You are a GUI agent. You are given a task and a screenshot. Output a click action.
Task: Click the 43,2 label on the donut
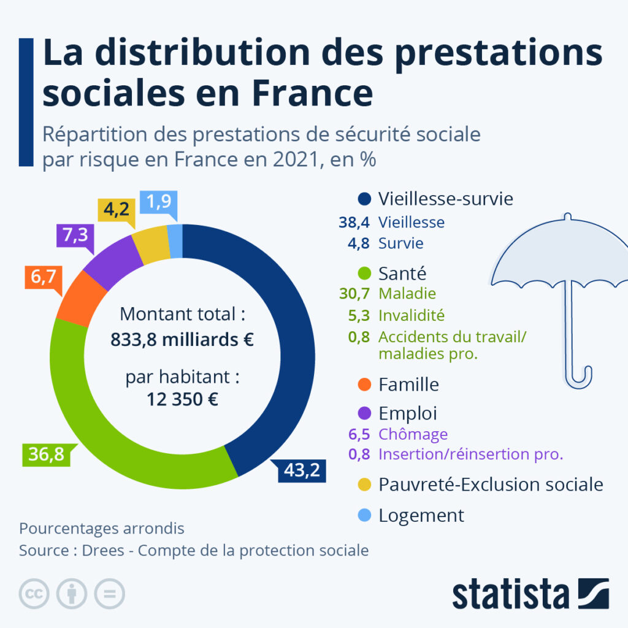coord(301,471)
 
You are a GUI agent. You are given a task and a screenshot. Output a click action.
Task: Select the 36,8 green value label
coord(47,456)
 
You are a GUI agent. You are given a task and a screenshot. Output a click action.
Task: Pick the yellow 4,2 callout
coord(115,210)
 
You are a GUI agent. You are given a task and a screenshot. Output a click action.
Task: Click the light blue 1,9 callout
coord(158,202)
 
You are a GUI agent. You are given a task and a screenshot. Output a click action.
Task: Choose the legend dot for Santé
coord(364,272)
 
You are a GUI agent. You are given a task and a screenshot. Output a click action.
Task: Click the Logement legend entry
coord(421,515)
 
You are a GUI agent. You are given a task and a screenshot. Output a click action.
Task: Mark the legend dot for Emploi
coord(364,413)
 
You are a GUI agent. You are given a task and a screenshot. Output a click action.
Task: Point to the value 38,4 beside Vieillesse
coord(354,222)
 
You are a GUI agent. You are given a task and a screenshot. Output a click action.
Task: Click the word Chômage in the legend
coord(413,434)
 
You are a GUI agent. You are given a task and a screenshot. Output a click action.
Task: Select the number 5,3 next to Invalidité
coord(359,315)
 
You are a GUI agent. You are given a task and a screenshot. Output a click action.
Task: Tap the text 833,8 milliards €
coord(182,339)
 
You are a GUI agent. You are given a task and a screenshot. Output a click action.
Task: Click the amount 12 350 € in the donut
coord(182,399)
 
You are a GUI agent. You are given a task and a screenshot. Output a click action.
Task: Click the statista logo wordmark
coord(510,594)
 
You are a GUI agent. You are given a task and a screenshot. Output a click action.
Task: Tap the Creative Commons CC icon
coord(34,594)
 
